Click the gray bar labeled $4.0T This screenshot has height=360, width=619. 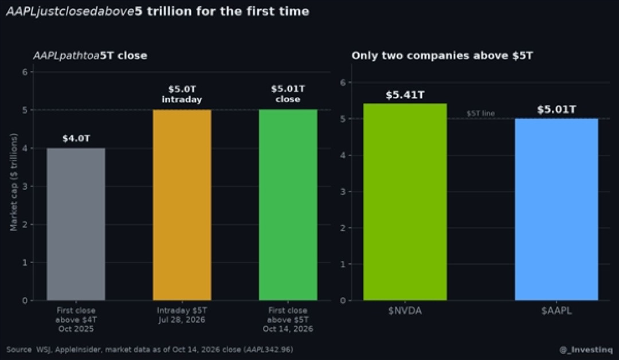tap(76, 224)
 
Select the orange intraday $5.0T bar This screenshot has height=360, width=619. tap(182, 205)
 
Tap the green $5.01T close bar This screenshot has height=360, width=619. tap(288, 205)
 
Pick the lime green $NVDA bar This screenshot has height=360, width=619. tap(405, 202)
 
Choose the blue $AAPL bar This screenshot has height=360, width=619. tap(557, 209)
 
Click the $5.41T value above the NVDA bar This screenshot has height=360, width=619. tap(405, 95)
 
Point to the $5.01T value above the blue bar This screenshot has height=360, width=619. tap(557, 109)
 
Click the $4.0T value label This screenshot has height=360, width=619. tap(76, 139)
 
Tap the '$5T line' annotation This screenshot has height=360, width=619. tap(480, 114)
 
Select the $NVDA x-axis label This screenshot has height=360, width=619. tap(405, 311)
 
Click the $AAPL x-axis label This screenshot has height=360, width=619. tap(557, 311)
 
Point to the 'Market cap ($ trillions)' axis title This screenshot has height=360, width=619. tap(14, 182)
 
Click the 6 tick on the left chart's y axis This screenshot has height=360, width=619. tap(25, 72)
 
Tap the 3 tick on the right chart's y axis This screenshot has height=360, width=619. tap(343, 191)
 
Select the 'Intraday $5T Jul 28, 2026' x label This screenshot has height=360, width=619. tap(182, 315)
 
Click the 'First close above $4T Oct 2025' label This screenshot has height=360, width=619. tap(76, 320)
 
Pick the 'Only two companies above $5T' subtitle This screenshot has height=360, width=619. tap(442, 56)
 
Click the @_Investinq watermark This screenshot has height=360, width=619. tap(586, 350)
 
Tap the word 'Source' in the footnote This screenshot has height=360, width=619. tap(19, 349)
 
